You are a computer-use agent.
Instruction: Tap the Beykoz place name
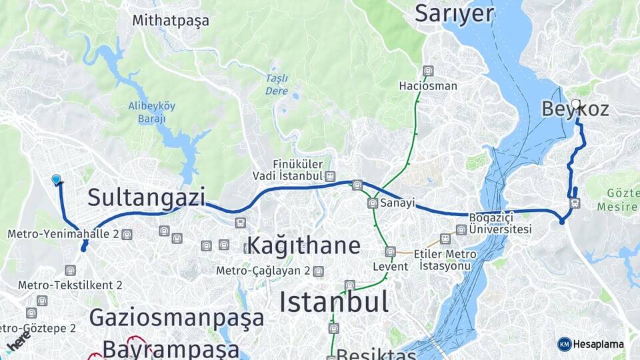575,109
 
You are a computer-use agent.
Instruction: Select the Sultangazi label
146,197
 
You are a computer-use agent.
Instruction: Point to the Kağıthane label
303,245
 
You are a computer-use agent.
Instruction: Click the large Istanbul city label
333,302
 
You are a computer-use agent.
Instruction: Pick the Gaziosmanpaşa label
177,317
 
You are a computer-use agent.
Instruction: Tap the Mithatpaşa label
171,21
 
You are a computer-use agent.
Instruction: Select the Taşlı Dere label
277,84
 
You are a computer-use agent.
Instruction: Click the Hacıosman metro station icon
428,71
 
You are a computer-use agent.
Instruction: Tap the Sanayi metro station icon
373,203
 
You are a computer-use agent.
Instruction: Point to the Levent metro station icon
390,252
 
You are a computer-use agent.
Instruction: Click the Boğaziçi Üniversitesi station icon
461,230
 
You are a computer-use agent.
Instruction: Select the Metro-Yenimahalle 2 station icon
127,234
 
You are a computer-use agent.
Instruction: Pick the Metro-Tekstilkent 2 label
70,285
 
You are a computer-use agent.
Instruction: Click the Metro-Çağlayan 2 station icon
319,271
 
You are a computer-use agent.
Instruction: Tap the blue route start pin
57,179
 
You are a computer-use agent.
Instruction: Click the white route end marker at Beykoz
576,104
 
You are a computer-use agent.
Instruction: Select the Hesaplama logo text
598,344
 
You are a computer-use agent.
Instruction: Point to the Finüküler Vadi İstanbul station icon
329,176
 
